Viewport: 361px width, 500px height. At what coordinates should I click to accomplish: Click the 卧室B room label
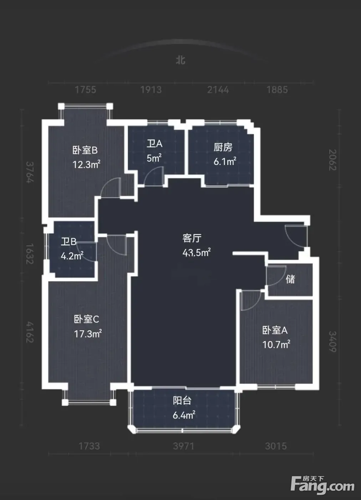[x=85, y=150]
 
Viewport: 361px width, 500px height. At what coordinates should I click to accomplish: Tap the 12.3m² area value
[x=86, y=165]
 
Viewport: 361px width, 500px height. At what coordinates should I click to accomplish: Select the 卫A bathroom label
[x=154, y=144]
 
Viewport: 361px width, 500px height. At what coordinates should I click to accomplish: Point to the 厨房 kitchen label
[x=223, y=147]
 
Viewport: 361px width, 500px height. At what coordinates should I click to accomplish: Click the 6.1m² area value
[x=225, y=161]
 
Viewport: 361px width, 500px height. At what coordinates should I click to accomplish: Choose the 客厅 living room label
[x=192, y=238]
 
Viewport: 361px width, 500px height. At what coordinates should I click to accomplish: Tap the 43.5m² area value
[x=197, y=252]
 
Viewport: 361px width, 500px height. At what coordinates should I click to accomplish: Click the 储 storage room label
[x=290, y=279]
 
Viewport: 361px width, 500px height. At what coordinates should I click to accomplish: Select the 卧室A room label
[x=275, y=330]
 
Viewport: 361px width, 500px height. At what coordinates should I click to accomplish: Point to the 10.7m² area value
[x=276, y=345]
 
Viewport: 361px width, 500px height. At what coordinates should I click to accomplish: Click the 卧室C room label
[x=86, y=319]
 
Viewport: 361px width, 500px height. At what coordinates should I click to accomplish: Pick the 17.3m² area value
[x=88, y=334]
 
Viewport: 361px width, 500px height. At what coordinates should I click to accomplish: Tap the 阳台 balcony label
[x=182, y=401]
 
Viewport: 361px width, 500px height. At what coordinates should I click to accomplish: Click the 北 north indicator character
[x=180, y=60]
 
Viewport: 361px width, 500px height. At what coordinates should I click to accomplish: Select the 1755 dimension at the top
[x=85, y=90]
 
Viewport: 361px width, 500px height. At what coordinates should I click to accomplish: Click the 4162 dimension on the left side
[x=30, y=332]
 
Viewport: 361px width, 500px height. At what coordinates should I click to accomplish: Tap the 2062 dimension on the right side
[x=332, y=160]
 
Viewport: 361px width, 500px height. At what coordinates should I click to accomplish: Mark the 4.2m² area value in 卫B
[x=72, y=256]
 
